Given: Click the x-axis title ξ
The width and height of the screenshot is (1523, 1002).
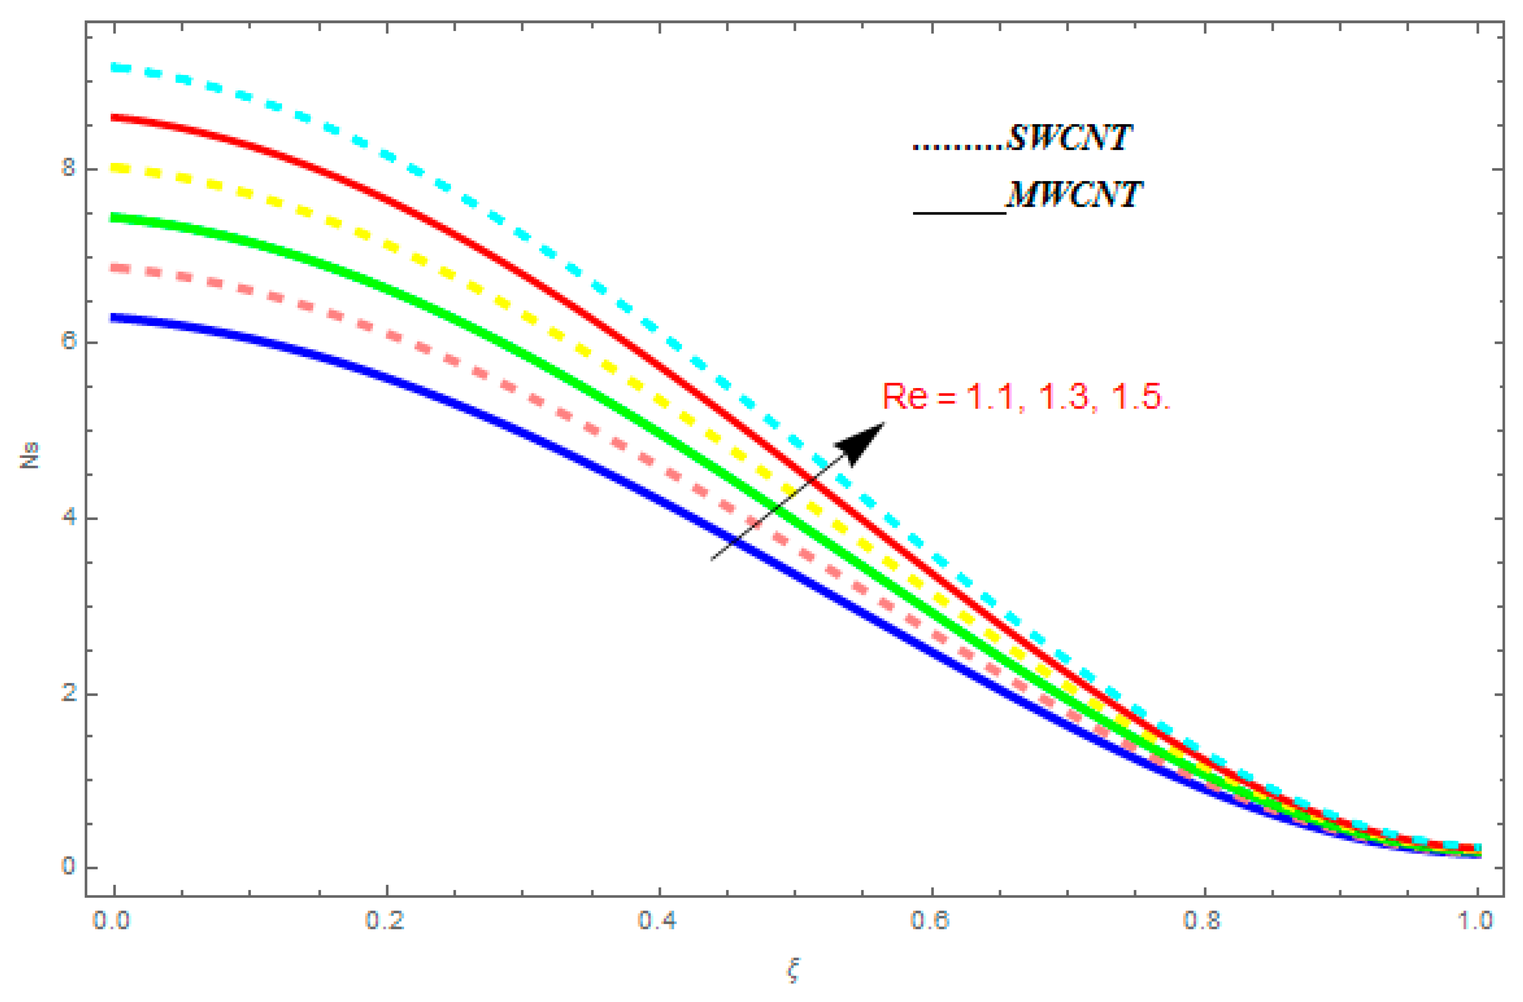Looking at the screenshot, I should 793,970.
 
